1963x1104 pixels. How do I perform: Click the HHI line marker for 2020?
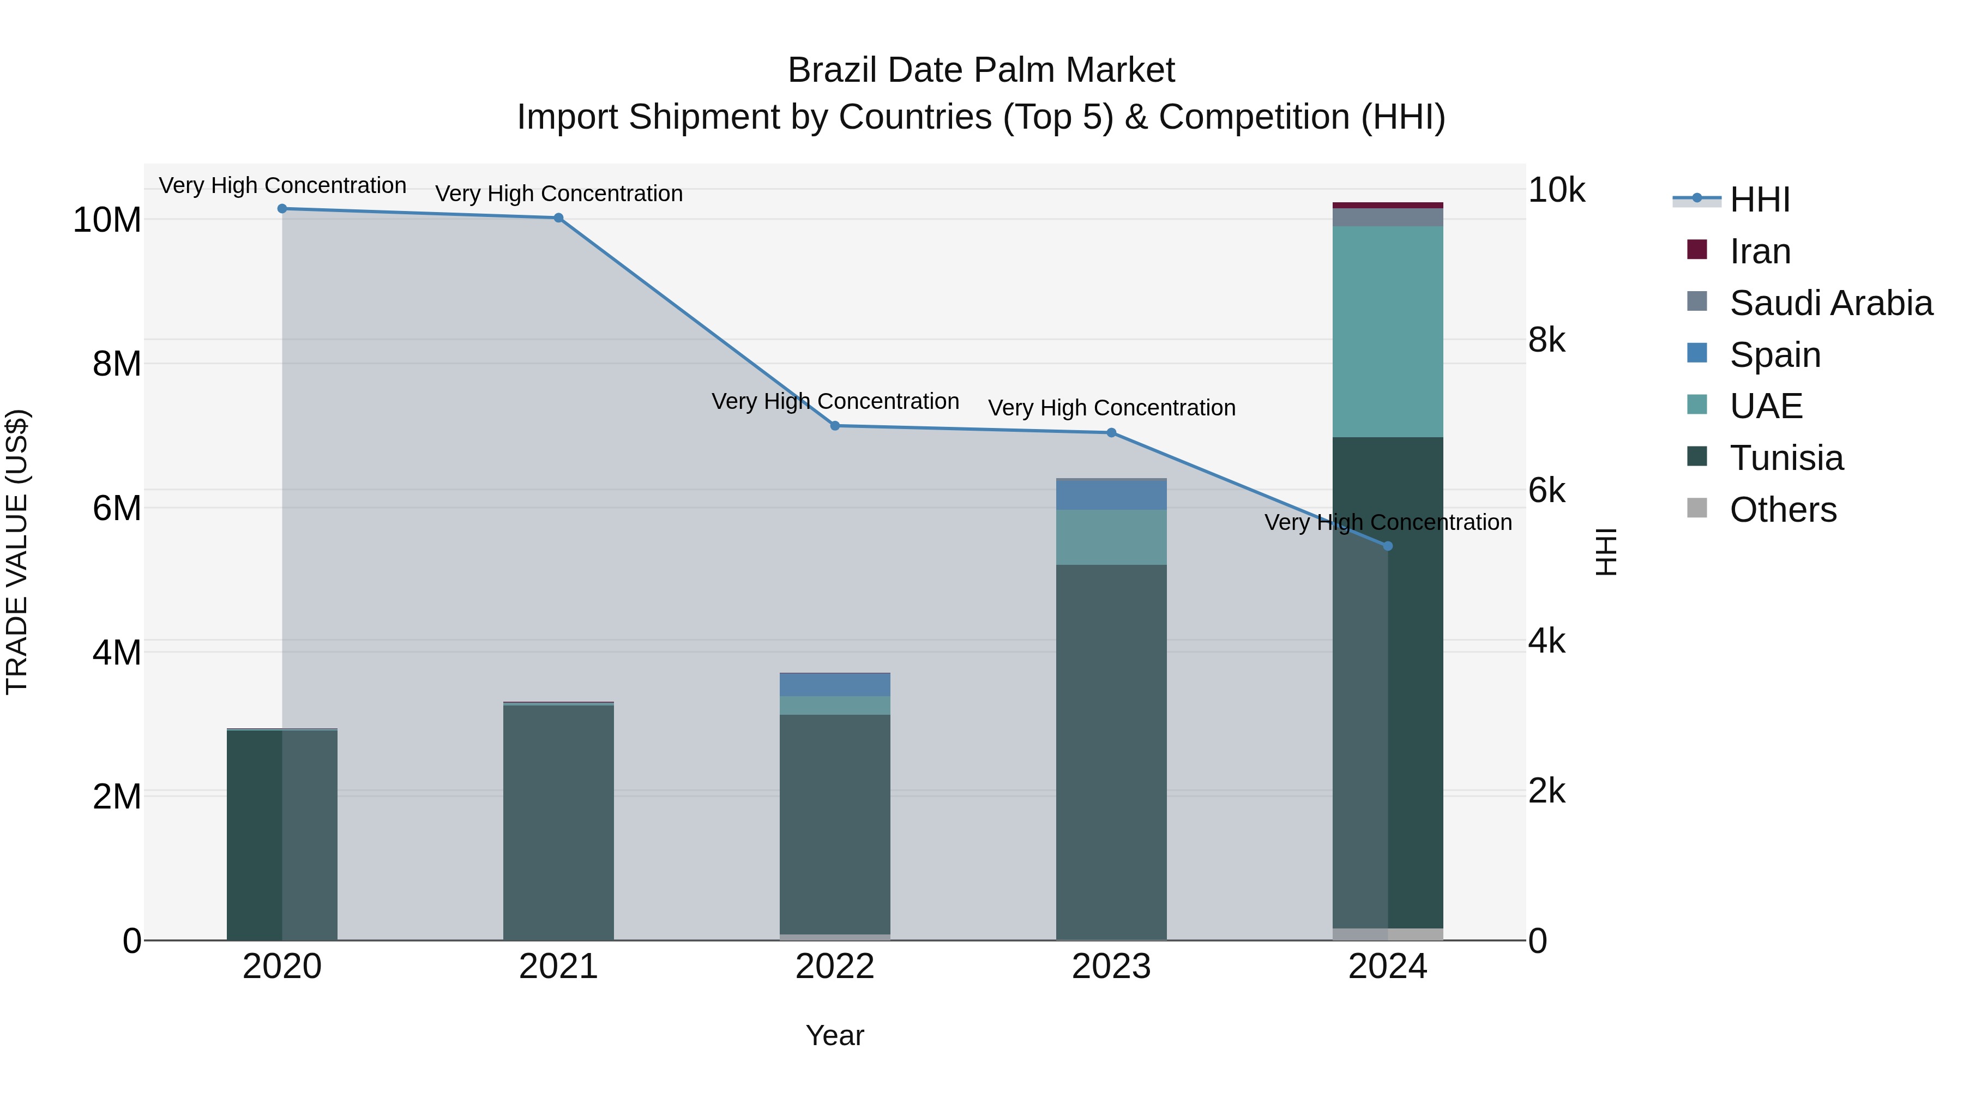(282, 209)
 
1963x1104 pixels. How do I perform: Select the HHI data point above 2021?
(558, 218)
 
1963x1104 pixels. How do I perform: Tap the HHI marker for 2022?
(834, 426)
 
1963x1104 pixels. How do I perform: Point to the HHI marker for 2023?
(1111, 433)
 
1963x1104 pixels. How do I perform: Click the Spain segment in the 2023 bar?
(1111, 495)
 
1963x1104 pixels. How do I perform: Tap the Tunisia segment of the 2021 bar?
(558, 823)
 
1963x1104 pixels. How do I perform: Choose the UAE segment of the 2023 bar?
(1111, 537)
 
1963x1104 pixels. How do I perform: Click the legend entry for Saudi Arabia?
(1830, 303)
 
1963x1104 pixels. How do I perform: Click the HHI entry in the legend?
(1759, 200)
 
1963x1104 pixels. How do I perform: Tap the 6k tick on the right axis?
(1546, 491)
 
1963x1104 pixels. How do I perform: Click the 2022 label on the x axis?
(834, 967)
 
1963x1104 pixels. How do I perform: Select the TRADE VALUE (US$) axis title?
(17, 552)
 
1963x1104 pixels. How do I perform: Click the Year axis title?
(834, 1035)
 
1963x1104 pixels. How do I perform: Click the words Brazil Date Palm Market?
(981, 70)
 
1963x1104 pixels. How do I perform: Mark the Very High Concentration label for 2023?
(1111, 408)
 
